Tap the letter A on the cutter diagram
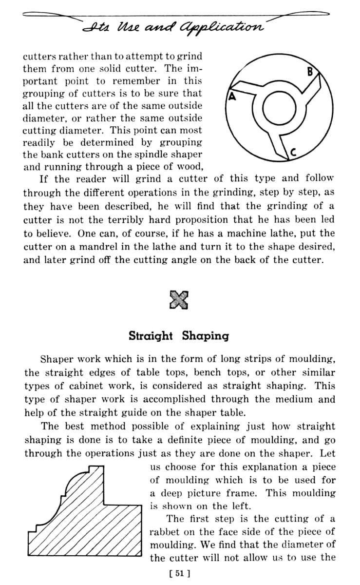coord(232,96)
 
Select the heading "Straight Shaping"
coord(179,336)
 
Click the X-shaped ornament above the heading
coord(179,299)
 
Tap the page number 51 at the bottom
coord(179,573)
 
